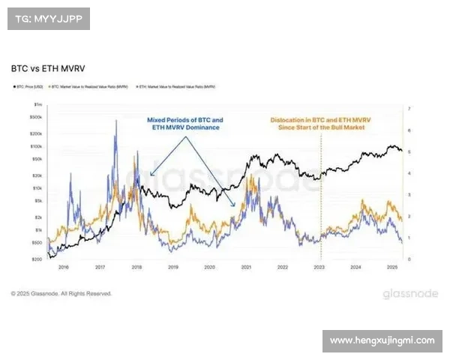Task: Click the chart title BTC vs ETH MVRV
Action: coord(48,68)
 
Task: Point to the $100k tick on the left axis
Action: coord(36,146)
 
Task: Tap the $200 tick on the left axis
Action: coord(37,258)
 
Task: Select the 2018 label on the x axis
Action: coord(136,267)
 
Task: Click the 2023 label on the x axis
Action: coord(319,267)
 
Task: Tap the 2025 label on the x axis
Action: coord(391,267)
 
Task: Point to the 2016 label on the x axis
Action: coord(64,267)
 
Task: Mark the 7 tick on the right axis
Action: coord(409,109)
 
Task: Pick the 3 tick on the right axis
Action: coord(409,194)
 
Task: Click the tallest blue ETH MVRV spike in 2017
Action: coord(116,122)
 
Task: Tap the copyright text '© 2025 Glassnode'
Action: coord(61,293)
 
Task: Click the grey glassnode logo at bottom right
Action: coord(410,293)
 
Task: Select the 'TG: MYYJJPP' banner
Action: coord(48,18)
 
